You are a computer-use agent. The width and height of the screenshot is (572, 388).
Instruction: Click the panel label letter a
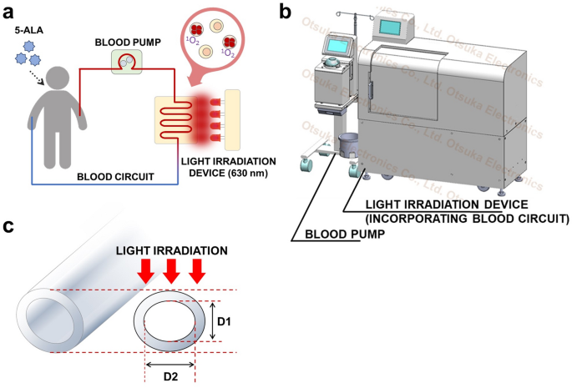click(9, 12)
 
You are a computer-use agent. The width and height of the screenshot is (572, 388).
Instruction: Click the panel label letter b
click(286, 12)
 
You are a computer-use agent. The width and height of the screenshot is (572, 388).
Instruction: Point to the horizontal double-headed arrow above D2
click(170, 364)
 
